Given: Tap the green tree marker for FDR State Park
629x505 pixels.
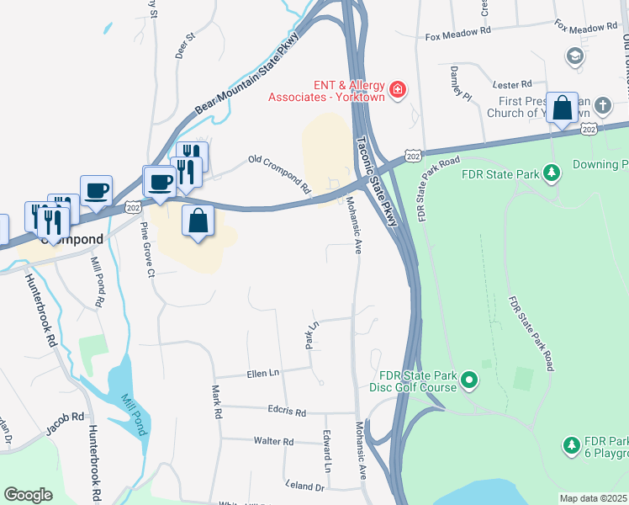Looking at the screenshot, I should click(552, 173).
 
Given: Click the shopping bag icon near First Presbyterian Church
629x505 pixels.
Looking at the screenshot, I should click(562, 109).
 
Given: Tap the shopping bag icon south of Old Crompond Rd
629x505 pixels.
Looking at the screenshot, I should click(198, 221).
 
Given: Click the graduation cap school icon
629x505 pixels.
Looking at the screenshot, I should click(575, 56).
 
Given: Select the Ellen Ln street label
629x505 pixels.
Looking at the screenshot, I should click(262, 373).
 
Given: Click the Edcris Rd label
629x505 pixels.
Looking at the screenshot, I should click(288, 413).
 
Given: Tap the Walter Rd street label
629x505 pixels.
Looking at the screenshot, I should click(275, 441).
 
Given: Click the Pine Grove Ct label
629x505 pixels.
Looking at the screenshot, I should click(147, 250).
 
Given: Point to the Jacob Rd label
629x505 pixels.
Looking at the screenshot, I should click(66, 420).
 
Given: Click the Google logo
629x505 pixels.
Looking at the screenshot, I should click(29, 495).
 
